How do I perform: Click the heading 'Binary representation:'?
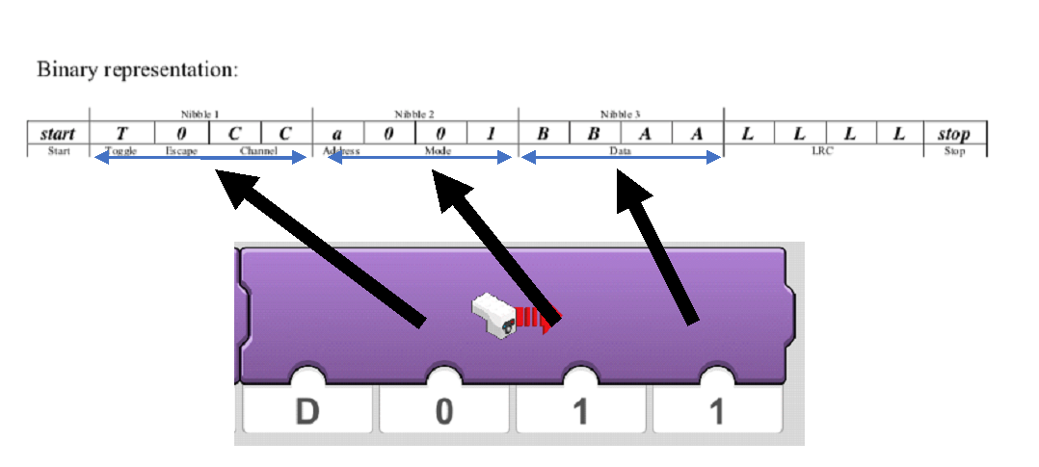point(137,70)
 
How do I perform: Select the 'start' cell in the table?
point(59,135)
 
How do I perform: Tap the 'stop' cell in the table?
point(953,135)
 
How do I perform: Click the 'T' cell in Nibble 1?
point(122,135)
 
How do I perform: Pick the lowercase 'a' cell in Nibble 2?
point(336,135)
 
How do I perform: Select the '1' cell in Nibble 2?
point(491,135)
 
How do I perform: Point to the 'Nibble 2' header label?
point(414,115)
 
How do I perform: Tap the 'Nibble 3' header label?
point(621,115)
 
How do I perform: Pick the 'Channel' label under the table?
point(258,151)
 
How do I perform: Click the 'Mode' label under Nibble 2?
point(438,151)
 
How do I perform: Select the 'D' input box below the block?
point(306,411)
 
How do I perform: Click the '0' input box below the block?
point(443,411)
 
